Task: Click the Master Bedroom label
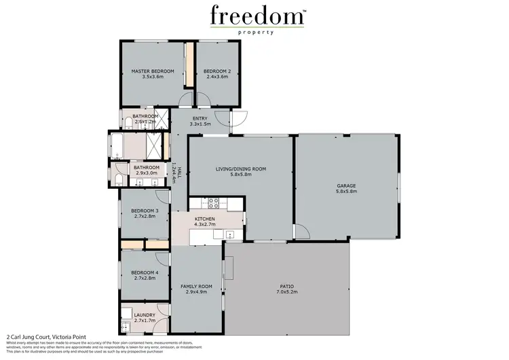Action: pyautogui.click(x=153, y=71)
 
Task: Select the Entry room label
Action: pyautogui.click(x=200, y=119)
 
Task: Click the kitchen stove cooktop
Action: pyautogui.click(x=212, y=201)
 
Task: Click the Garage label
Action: pyautogui.click(x=346, y=185)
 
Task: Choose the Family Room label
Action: pyautogui.click(x=196, y=287)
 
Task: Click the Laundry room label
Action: pyautogui.click(x=145, y=315)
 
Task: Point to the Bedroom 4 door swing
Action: pyautogui.click(x=162, y=259)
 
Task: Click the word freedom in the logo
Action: pyautogui.click(x=254, y=16)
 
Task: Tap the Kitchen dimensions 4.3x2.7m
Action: pyautogui.click(x=205, y=224)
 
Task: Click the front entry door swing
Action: pyautogui.click(x=238, y=120)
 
